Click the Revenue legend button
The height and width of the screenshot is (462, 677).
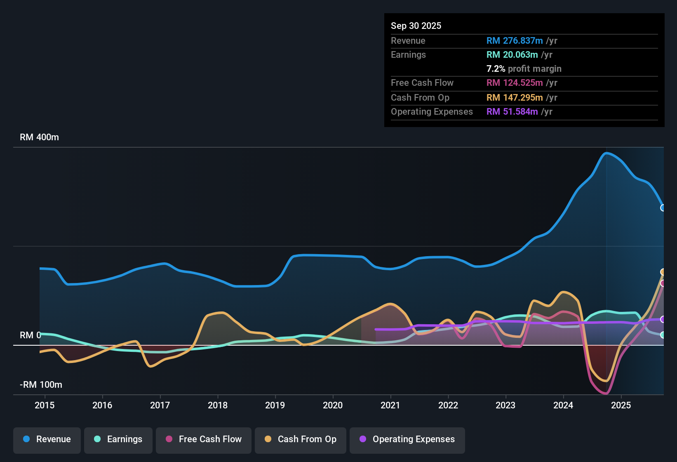[x=47, y=439]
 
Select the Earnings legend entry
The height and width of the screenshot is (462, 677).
[x=118, y=439]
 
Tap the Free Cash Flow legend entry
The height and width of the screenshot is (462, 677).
[x=204, y=439]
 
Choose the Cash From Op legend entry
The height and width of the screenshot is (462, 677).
[x=301, y=439]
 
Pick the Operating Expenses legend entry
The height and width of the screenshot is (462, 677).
[x=407, y=439]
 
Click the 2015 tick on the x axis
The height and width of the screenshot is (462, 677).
[x=45, y=405]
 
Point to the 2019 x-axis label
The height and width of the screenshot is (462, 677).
[x=275, y=405]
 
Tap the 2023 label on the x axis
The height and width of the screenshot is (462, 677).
[x=505, y=405]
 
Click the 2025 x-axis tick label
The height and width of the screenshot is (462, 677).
[x=621, y=405]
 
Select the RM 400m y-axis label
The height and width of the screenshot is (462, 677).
[x=39, y=137]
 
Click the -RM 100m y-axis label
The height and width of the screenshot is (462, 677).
[x=41, y=385]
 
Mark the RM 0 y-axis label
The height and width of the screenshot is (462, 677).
[x=30, y=335]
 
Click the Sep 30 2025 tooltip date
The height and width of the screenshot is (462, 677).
[x=416, y=26]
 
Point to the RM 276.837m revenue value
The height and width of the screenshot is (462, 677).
[x=514, y=40]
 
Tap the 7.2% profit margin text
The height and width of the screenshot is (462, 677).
[x=524, y=68]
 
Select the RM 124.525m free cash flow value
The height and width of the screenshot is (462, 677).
[x=514, y=82]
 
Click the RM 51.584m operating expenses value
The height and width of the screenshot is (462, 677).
[x=512, y=111]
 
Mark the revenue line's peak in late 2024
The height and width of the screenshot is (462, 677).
[x=606, y=153]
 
